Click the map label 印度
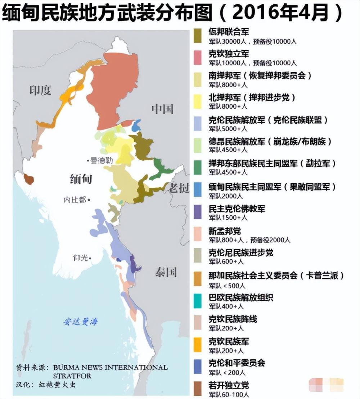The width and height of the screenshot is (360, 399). coord(40,90)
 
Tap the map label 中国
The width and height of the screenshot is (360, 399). coord(162,108)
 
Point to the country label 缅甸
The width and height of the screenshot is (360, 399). coord(81,179)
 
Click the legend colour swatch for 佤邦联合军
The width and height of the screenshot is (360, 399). coord(197,36)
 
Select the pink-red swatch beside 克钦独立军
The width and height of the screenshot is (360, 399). coord(197,58)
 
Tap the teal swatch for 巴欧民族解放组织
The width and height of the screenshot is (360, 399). coord(197,301)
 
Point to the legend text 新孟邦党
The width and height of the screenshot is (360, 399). coord(225,231)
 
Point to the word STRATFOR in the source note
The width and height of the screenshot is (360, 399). coord(72,376)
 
